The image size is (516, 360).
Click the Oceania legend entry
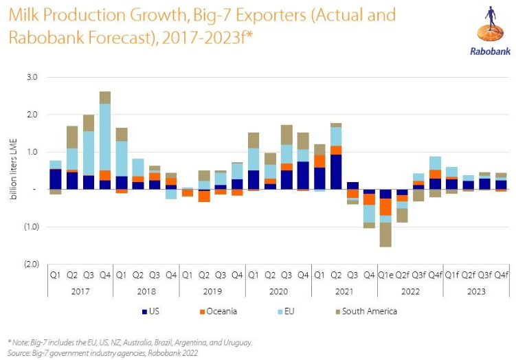218,311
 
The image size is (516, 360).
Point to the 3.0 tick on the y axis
32,77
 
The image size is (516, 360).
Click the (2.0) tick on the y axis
30,264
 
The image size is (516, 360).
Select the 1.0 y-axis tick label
32,152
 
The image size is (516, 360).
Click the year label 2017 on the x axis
80,291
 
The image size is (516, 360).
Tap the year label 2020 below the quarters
278,291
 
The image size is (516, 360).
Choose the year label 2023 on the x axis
476,291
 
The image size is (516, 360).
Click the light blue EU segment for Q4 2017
105,137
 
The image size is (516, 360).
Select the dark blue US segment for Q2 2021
336,171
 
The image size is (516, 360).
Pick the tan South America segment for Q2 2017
72,137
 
